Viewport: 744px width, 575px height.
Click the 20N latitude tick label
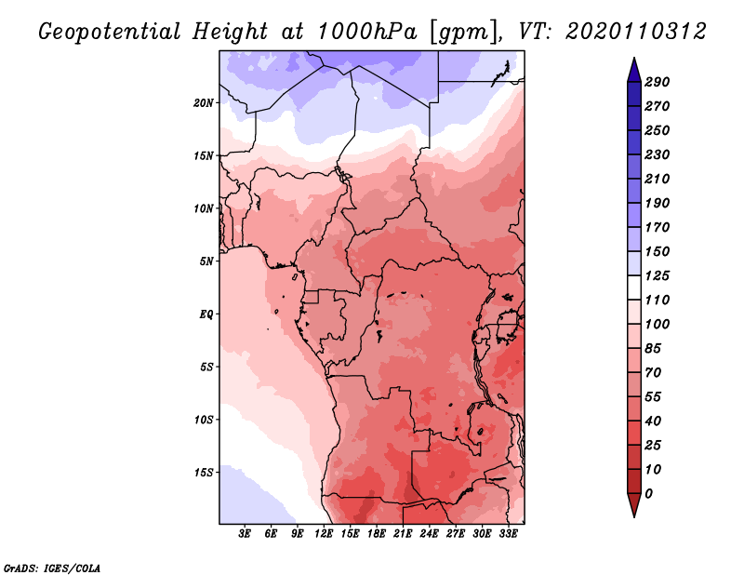[204, 103]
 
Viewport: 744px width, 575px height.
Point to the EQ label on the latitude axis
[206, 314]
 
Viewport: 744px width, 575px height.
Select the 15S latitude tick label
[204, 473]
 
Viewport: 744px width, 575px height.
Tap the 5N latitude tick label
[206, 261]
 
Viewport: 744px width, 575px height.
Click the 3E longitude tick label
[245, 534]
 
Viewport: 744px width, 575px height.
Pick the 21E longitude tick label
[403, 534]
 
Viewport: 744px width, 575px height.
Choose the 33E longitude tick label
[508, 534]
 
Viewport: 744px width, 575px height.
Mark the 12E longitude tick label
[324, 534]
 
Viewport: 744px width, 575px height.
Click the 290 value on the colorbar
[658, 82]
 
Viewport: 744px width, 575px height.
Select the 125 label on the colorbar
[658, 275]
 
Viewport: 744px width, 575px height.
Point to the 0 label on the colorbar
[648, 494]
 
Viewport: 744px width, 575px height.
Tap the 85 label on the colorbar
[653, 349]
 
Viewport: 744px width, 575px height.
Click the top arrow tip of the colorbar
[634, 58]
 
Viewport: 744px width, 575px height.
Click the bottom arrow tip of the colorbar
[634, 516]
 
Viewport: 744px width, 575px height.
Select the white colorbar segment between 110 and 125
[634, 287]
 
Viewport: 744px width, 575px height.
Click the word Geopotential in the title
[110, 33]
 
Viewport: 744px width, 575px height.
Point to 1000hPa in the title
[367, 32]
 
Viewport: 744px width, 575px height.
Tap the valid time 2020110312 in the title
[636, 32]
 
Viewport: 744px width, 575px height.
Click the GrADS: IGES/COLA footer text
[52, 568]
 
